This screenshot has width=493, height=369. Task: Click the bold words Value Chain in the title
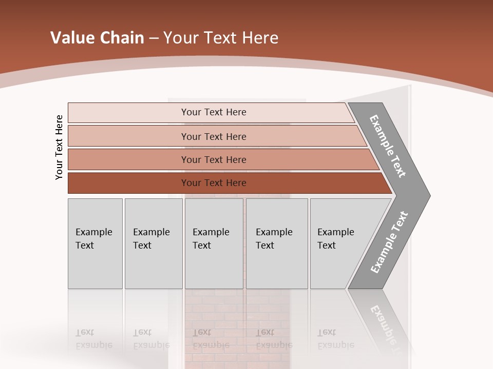click(x=97, y=38)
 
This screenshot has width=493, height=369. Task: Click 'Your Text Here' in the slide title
click(x=221, y=38)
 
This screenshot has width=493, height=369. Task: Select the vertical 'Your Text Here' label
click(x=59, y=147)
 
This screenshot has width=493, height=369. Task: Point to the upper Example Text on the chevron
click(x=388, y=146)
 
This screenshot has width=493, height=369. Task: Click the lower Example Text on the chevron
click(x=389, y=242)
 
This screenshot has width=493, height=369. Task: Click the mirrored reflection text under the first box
click(x=93, y=339)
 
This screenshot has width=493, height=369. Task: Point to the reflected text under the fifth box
click(x=335, y=339)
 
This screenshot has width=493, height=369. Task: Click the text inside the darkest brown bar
click(x=214, y=183)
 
